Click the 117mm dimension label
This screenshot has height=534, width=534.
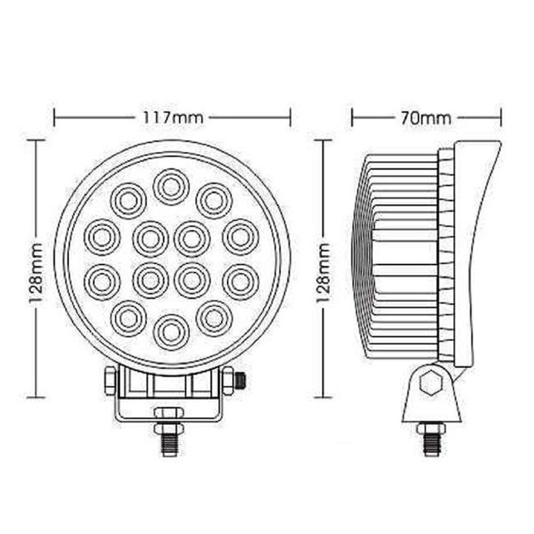pos(172,117)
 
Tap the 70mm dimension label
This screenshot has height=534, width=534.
pos(426,117)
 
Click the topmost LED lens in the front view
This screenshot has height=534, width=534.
pos(171,186)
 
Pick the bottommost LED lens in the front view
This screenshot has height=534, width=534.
pos(171,329)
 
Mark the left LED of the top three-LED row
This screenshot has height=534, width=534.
pos(128,199)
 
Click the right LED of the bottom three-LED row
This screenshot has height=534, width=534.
pos(214,317)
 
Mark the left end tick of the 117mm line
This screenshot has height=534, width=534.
pos(55,117)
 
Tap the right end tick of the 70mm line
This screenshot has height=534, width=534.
pos(501,117)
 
